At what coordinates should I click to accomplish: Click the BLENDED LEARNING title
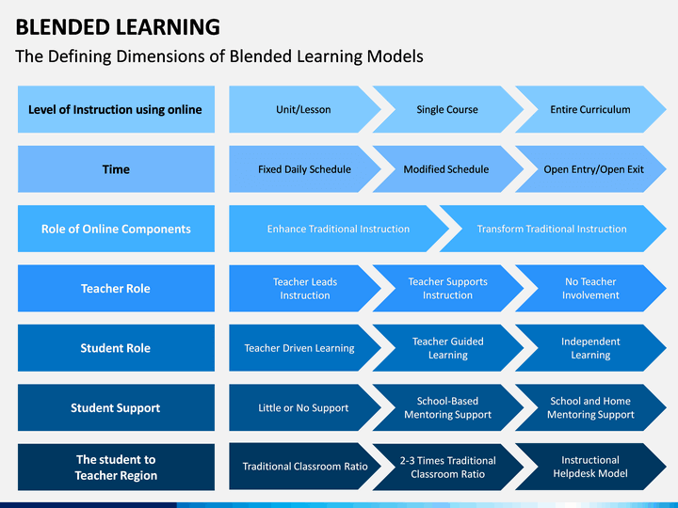coord(118,26)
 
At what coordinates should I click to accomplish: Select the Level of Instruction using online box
coord(116,109)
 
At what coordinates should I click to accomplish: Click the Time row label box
coord(116,169)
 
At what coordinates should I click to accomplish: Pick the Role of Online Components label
coord(116,229)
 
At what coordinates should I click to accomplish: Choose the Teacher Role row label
coord(116,288)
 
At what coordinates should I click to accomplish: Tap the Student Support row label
coord(116,407)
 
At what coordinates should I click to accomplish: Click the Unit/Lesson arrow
coord(303,109)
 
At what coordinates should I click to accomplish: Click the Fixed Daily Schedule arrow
coord(303,169)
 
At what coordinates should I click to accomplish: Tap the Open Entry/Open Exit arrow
coord(592,169)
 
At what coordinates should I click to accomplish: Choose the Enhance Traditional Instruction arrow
coord(338,229)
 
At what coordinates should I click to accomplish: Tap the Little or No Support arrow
coord(303,407)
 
